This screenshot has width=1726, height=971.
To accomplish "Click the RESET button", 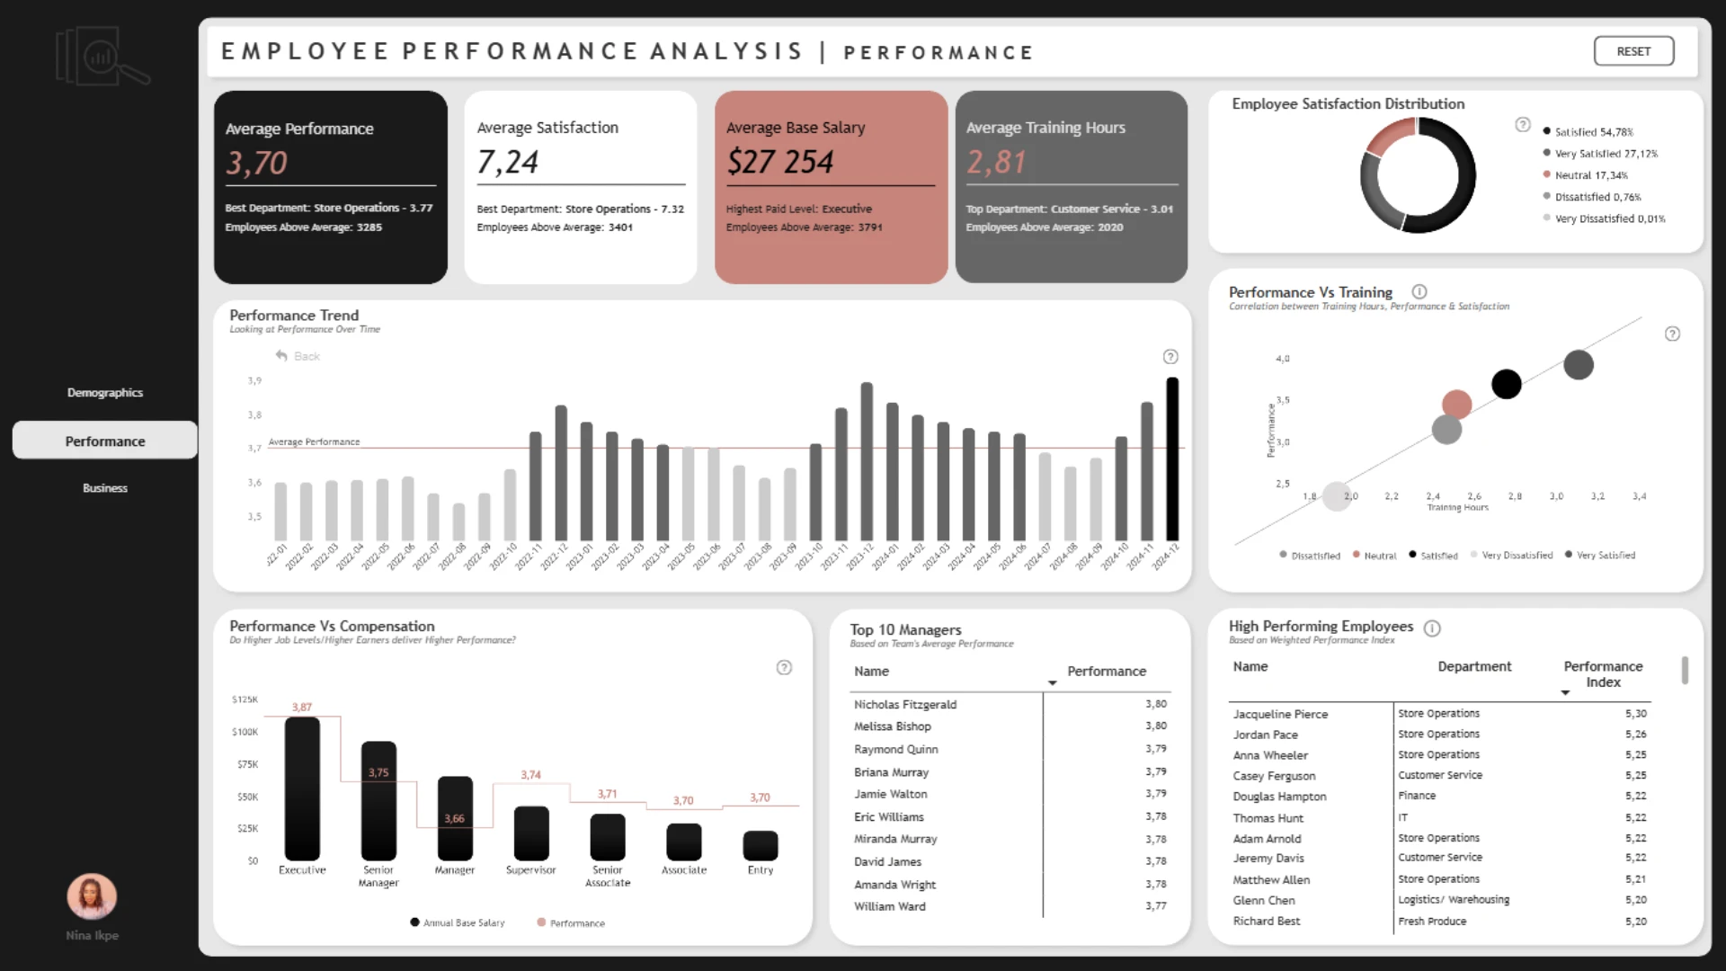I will pos(1633,51).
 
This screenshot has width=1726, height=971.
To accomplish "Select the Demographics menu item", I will pos(104,393).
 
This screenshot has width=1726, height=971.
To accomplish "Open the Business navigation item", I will pos(104,488).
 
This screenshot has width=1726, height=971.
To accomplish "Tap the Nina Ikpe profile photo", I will pos(92,896).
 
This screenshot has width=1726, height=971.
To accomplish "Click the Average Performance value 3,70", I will pos(256,163).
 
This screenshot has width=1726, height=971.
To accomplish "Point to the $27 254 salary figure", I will pos(779,162).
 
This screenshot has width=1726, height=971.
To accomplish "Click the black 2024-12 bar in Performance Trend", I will pos(1172,459).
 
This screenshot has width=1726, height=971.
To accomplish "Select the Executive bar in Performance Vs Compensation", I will pos(302,788).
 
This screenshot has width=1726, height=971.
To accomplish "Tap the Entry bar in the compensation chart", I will pos(761,845).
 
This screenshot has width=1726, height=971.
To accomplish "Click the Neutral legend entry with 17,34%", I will pos(1590,175).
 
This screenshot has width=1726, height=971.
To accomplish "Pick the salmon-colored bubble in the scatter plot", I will pos(1456,405).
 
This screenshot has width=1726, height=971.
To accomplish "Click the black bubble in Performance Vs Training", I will pos(1507,384).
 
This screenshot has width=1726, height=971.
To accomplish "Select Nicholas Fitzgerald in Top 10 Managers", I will pos(904,705).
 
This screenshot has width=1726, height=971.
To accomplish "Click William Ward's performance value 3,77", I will pos(1155,906).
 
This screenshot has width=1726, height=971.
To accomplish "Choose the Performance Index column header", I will pos(1603,674).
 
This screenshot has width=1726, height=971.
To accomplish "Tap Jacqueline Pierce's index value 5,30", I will pos(1635,714).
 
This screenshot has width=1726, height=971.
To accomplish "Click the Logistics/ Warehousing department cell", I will pos(1454,900).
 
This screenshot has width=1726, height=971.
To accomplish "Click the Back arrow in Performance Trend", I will pos(282,356).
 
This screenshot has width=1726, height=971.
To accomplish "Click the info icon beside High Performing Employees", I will pos(1432,628).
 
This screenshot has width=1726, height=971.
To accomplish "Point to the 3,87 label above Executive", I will pos(302,708).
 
